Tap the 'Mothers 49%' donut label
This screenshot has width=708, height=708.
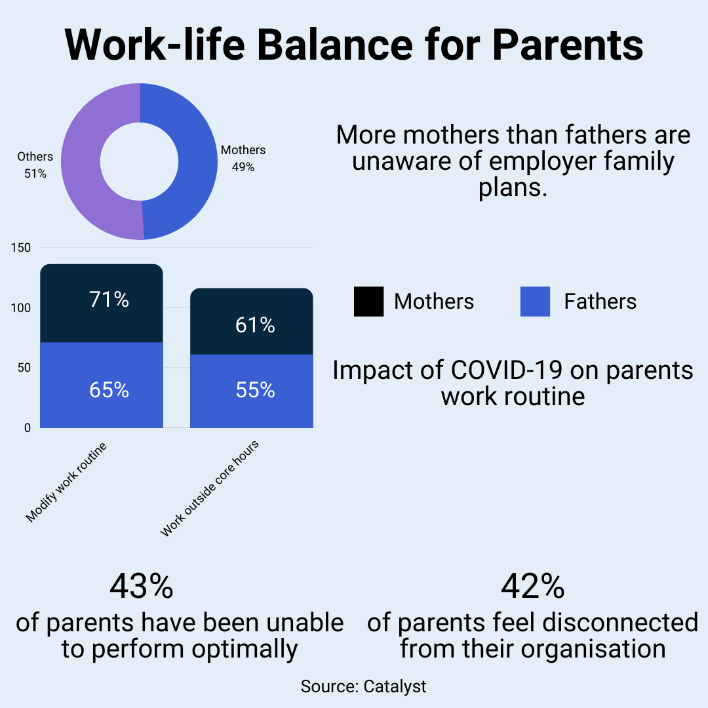(243, 159)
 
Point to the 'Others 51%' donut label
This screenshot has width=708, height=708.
(35, 165)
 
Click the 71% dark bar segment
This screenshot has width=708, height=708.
(102, 303)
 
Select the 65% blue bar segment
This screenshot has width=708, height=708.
(102, 387)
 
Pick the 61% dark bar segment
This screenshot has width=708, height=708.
(251, 323)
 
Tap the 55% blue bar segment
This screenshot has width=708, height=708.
(251, 391)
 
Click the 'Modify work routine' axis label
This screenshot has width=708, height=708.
(66, 482)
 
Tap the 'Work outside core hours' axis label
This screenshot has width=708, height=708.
(210, 488)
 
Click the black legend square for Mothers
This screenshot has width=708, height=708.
(368, 302)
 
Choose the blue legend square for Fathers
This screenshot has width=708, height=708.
(535, 302)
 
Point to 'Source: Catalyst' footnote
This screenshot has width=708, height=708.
(363, 686)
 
